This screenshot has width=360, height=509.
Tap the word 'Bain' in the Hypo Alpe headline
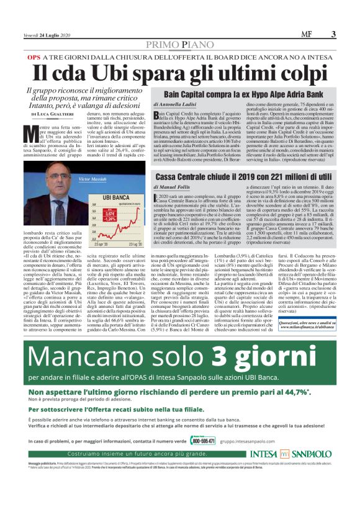[175, 93]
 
